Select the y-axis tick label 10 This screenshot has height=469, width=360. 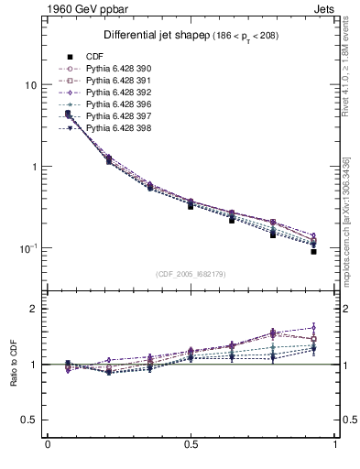tap(30, 85)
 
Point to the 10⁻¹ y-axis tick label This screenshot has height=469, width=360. tap(28, 248)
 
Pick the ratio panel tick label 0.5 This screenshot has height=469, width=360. tap(29, 420)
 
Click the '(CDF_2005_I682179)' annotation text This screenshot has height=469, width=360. tap(192, 274)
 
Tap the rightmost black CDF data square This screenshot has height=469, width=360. tap(313, 251)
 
